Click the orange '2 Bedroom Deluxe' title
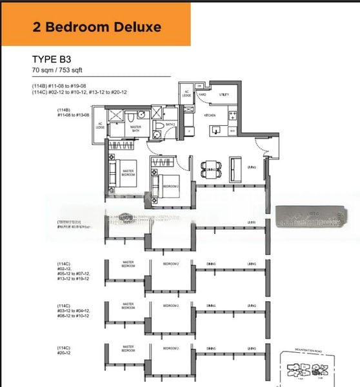[96, 27]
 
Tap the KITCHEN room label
[210, 115]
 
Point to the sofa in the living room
[235, 169]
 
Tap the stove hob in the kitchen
[232, 116]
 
